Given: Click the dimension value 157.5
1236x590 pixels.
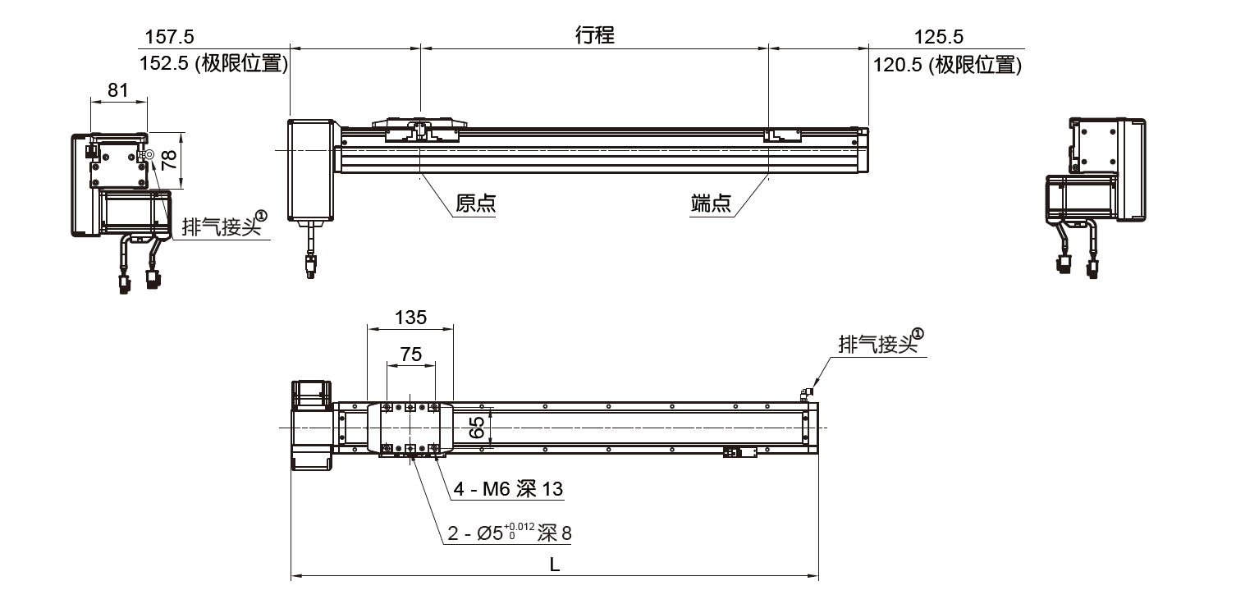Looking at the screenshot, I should tap(169, 37).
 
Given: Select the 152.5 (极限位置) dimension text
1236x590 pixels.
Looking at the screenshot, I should tap(214, 65).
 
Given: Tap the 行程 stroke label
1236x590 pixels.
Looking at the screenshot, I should tap(595, 35).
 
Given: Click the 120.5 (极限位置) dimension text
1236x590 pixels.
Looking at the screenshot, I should tap(947, 65).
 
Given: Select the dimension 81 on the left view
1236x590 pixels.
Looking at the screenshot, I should tap(118, 90).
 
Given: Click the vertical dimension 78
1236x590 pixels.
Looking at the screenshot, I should tap(169, 159).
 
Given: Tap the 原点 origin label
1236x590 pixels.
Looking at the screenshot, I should tap(476, 204).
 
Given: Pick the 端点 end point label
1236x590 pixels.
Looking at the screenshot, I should tap(711, 204).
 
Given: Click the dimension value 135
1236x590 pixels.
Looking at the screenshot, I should tap(410, 317).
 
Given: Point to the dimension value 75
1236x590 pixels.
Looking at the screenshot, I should tap(410, 354).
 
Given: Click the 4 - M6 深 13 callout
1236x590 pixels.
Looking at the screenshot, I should tap(509, 490).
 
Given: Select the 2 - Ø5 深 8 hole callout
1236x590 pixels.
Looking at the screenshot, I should tap(510, 533).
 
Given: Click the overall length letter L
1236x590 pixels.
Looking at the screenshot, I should tap(555, 565).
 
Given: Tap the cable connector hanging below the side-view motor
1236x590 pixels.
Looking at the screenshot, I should tap(310, 267).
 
